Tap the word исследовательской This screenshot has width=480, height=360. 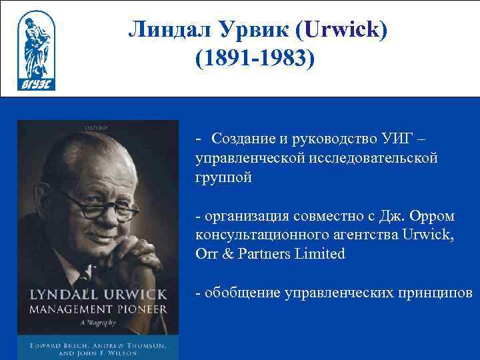click(373, 159)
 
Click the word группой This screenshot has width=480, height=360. click(224, 179)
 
